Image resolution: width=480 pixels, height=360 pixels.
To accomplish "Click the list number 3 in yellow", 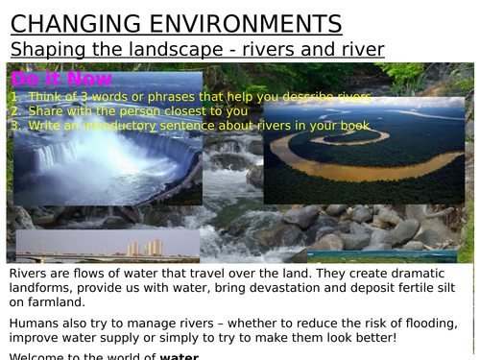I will click(x=15, y=125).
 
